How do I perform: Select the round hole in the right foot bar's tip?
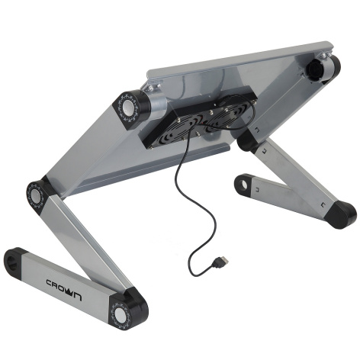[243, 184]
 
